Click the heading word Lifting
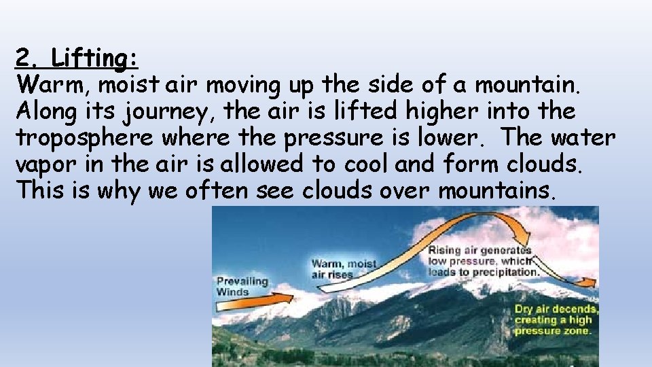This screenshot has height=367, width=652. tap(95, 59)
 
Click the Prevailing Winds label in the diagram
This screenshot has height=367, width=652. tap(242, 286)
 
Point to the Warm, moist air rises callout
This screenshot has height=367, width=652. tap(344, 269)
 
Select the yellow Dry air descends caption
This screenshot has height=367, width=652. tap(553, 319)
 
